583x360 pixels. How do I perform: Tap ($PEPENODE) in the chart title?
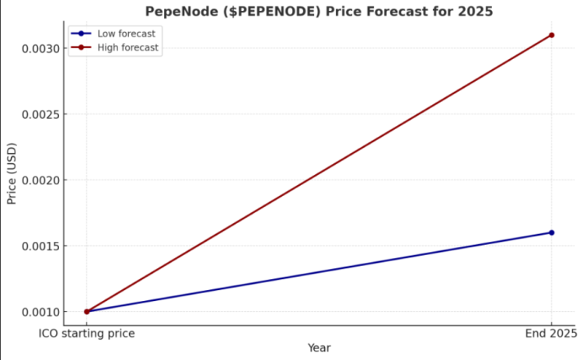point(267,12)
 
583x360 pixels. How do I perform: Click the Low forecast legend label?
point(126,33)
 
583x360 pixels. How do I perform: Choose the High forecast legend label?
point(127,47)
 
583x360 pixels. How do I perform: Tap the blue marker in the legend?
point(82,33)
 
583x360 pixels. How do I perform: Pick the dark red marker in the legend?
point(82,47)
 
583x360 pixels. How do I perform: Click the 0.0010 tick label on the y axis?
point(40,312)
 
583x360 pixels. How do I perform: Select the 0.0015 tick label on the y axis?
point(40,246)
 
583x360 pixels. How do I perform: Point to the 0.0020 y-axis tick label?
point(40,180)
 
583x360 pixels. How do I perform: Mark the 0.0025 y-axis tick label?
point(40,114)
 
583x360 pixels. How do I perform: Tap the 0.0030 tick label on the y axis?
point(40,48)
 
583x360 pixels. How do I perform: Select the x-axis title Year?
point(319,348)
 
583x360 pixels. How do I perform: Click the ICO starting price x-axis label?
point(87,334)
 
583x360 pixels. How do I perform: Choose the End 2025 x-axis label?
point(550,334)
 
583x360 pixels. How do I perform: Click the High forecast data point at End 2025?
point(551,35)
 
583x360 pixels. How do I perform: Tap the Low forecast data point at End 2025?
point(551,232)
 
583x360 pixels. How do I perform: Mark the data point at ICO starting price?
point(86,311)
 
